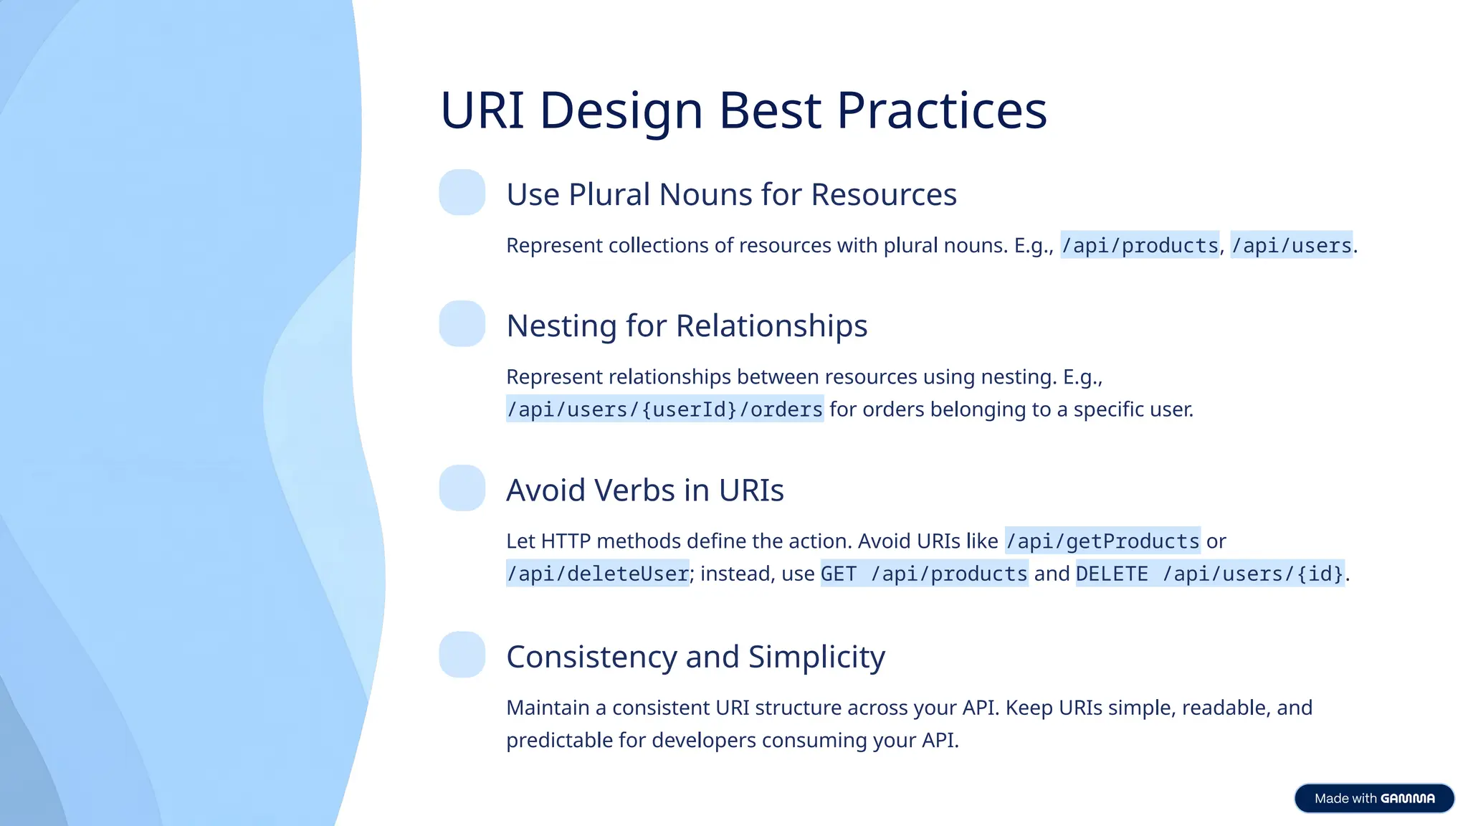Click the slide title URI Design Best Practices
[743, 111]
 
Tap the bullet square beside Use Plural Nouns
[462, 192]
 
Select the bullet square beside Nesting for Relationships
[462, 323]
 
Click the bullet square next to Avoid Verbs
[462, 488]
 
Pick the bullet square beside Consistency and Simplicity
[462, 655]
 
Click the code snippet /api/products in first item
[1140, 245]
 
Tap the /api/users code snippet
[1291, 245]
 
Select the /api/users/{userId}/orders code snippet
[664, 409]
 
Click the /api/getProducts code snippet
[1102, 541]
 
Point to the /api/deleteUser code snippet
[597, 574]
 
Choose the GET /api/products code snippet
[924, 574]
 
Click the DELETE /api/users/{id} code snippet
[1210, 574]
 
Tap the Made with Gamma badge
[1374, 798]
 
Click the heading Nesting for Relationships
[687, 326]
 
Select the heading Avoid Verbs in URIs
[644, 490]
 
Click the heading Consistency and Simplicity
[695, 657]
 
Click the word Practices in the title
[941, 111]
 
